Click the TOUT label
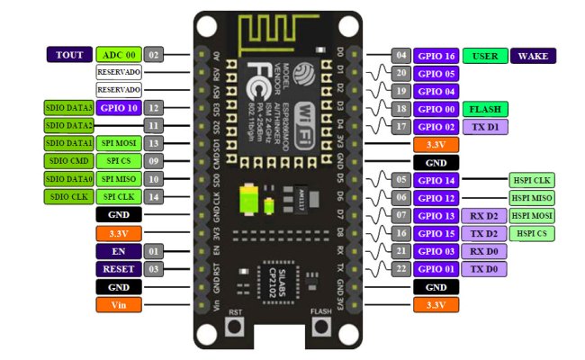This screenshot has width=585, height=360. click(69, 55)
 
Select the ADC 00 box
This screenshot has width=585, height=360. click(118, 55)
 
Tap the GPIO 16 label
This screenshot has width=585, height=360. click(437, 56)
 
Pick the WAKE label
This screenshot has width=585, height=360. click(534, 56)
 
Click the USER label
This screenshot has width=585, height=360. click(485, 56)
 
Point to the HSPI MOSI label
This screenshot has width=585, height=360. click(532, 215)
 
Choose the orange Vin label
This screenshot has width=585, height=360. click(118, 304)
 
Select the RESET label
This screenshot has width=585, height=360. click(118, 268)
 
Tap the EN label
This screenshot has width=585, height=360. click(118, 251)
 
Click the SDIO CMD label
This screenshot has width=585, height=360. click(68, 161)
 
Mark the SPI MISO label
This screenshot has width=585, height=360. click(118, 179)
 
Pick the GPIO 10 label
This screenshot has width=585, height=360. click(118, 108)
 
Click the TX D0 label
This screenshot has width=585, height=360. click(485, 269)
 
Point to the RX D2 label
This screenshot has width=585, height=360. click(485, 215)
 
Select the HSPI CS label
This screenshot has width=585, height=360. click(532, 233)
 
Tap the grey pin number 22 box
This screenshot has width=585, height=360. click(401, 269)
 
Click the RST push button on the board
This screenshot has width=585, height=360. click(236, 327)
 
